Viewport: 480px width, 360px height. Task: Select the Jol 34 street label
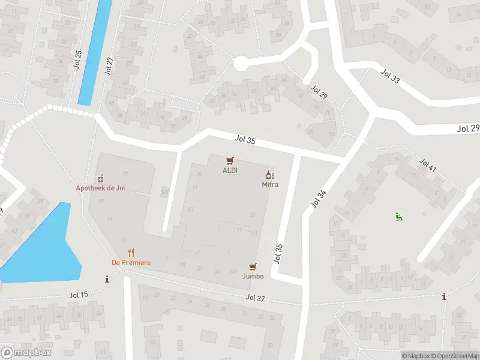(x=319, y=199)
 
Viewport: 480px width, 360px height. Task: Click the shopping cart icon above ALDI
(x=229, y=161)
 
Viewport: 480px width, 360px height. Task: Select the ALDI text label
(x=230, y=170)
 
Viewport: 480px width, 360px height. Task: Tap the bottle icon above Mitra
(x=270, y=175)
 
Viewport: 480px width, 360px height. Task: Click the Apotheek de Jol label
(x=101, y=188)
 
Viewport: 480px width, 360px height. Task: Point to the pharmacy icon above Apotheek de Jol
(x=101, y=178)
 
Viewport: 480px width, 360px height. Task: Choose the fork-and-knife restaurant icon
(x=131, y=253)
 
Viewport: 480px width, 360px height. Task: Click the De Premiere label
(x=131, y=263)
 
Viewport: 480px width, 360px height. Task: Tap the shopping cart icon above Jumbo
(x=253, y=267)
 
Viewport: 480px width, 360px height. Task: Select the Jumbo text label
(x=253, y=277)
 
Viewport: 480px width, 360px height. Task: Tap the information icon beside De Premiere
(x=107, y=279)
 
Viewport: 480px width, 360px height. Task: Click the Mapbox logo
(x=26, y=352)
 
